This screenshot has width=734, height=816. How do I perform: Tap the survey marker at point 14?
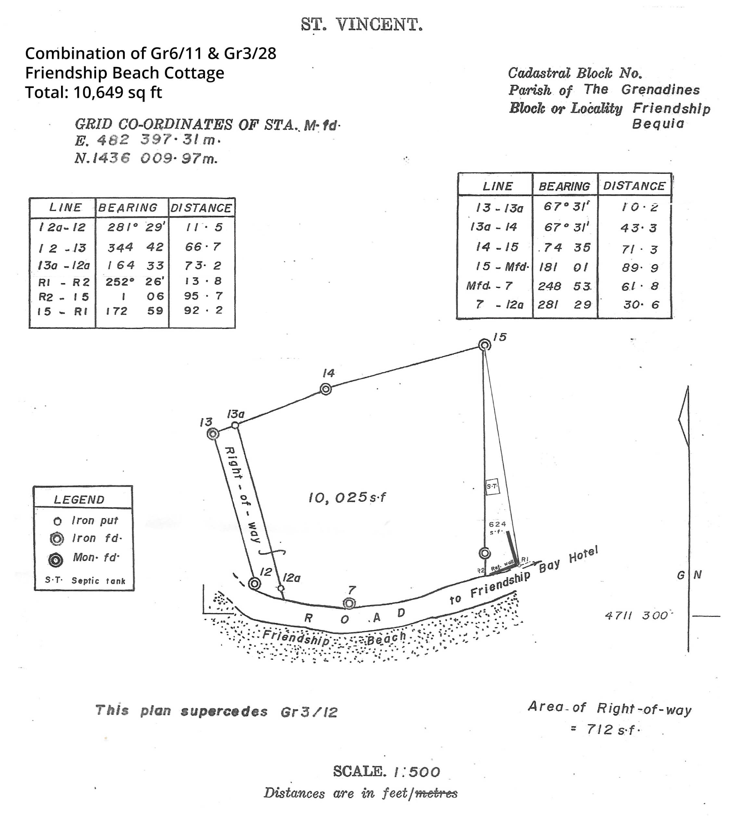[326, 389]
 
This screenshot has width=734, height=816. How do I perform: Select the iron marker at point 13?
[213, 434]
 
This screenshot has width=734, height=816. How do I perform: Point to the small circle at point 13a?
[235, 425]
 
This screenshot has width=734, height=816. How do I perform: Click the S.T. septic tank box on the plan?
[492, 487]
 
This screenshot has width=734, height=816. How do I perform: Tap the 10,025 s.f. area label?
[347, 498]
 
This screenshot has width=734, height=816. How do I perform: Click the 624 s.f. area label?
[497, 528]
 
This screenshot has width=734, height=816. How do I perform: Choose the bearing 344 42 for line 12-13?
[135, 247]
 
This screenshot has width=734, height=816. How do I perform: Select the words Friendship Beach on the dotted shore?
[334, 638]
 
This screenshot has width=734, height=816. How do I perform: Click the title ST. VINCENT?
[362, 25]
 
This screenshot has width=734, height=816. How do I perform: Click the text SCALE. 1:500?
[386, 771]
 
